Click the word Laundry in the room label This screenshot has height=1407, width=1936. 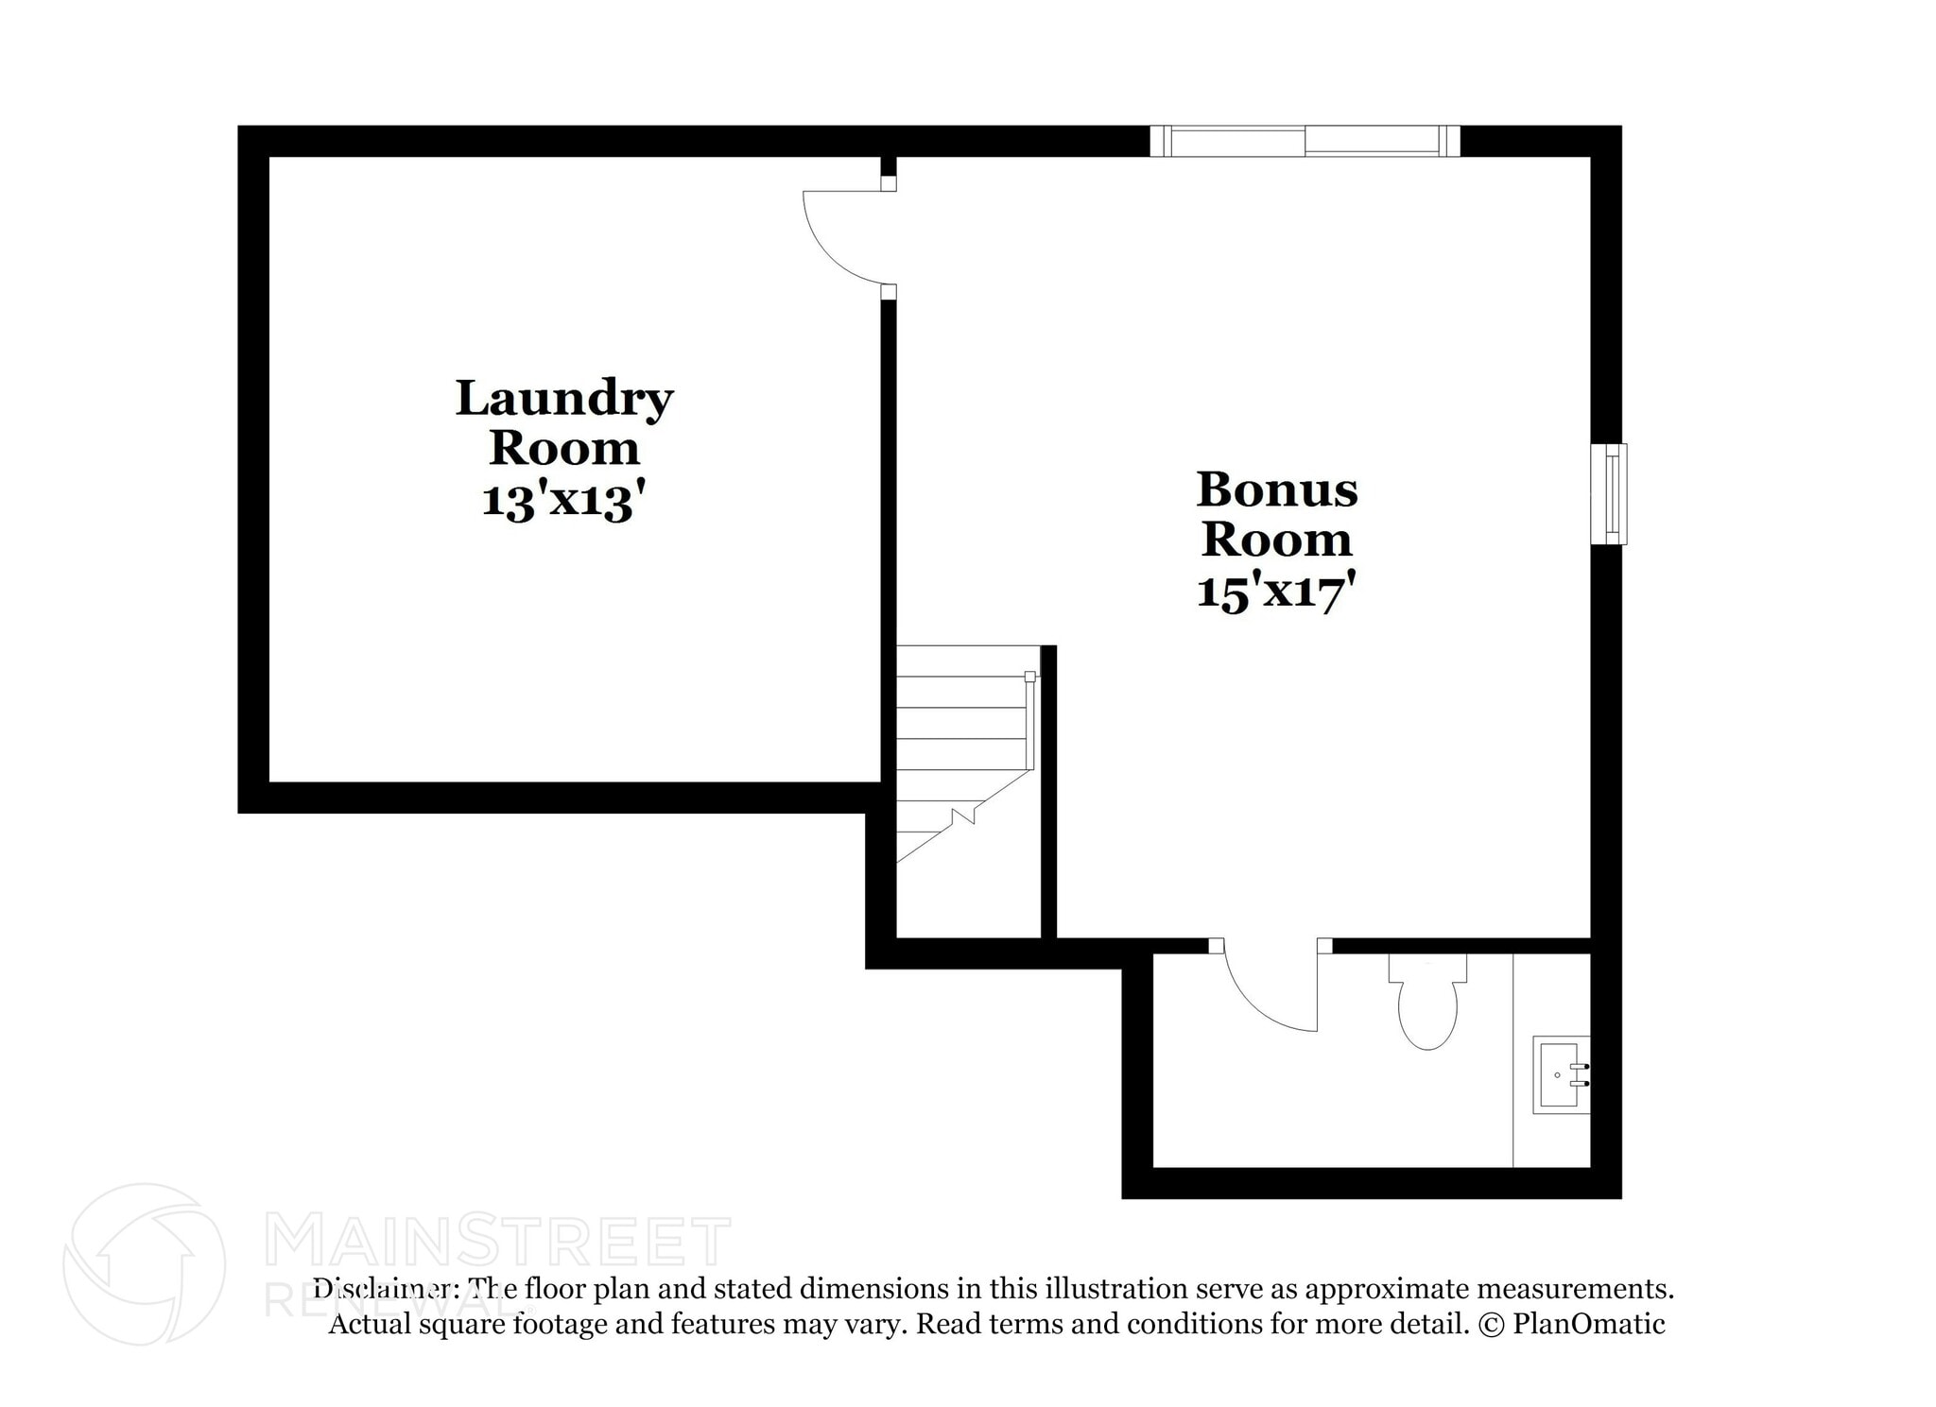click(x=564, y=399)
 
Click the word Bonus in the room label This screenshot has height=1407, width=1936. click(x=1277, y=489)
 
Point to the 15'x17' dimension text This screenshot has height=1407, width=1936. click(x=1277, y=592)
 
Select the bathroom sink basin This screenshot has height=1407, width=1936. click(x=1560, y=1074)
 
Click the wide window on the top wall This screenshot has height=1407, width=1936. click(x=1305, y=141)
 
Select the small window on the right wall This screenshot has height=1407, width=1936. click(x=1608, y=494)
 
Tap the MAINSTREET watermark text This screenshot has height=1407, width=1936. click(x=497, y=1241)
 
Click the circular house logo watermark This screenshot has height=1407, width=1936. click(x=144, y=1263)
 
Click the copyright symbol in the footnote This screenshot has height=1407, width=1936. click(x=1490, y=1324)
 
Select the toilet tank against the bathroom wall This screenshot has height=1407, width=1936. click(x=1427, y=968)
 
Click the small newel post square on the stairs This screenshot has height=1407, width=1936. click(x=1030, y=677)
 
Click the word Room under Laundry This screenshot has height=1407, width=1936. click(x=564, y=448)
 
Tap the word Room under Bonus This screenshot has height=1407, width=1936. click(x=1277, y=540)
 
